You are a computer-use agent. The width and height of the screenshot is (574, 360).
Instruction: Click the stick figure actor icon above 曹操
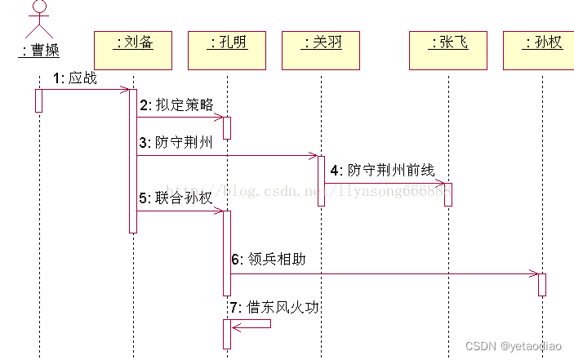39,18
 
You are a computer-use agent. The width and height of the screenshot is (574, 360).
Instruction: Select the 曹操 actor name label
39,51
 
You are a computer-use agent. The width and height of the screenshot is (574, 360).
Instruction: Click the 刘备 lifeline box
134,49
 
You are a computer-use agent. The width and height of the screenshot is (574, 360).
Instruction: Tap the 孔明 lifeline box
228,49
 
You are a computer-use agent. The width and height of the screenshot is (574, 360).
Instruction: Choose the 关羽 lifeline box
322,49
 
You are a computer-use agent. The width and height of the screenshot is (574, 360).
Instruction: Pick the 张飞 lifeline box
448,49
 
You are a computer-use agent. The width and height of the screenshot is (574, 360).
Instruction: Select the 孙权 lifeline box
542,49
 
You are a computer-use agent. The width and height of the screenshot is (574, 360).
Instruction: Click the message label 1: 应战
74,79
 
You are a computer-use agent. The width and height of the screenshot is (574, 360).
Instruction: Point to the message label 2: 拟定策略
176,105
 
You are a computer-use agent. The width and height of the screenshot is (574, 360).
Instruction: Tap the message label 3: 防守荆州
176,144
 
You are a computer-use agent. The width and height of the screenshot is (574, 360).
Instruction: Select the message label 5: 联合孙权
176,198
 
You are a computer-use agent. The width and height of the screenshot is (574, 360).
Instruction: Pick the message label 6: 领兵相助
269,260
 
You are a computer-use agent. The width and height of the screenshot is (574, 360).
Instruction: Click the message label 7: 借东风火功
274,308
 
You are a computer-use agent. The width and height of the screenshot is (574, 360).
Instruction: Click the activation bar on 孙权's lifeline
542,284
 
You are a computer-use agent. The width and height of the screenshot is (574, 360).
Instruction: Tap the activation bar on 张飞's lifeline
448,194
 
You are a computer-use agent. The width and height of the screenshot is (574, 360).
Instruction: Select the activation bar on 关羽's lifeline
322,180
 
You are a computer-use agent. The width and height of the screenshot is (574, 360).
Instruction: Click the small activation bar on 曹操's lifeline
38,100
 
